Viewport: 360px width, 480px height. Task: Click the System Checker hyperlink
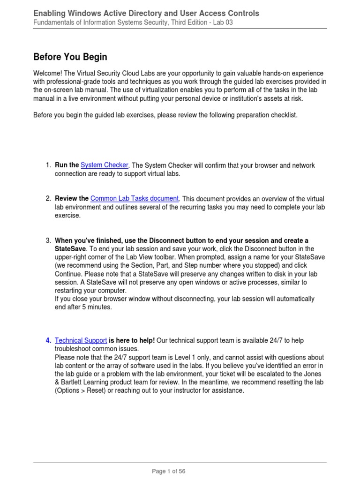(x=105, y=165)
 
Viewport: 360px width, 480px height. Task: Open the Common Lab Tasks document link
(x=135, y=198)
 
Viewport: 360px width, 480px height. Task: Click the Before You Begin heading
(x=70, y=57)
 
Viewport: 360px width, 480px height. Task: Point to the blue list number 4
(x=48, y=340)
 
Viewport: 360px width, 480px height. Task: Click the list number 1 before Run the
(x=48, y=165)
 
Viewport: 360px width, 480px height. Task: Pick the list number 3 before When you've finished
(x=48, y=240)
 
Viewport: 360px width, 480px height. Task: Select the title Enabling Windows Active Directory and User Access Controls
(x=146, y=13)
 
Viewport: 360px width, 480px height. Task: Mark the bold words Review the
(x=71, y=198)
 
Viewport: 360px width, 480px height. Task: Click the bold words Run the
(x=67, y=165)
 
